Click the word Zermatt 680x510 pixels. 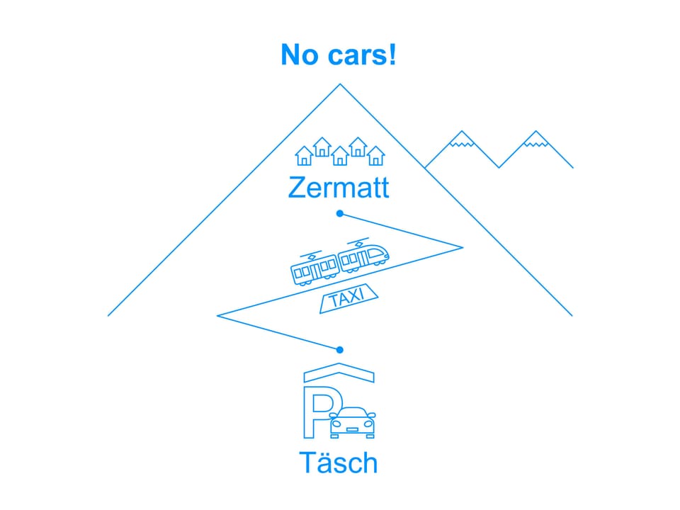tap(339, 187)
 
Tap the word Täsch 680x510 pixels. tap(339, 463)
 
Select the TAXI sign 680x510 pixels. tap(348, 298)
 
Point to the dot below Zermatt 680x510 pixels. tap(340, 213)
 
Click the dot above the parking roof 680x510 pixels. tap(340, 349)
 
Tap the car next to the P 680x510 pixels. tap(352, 423)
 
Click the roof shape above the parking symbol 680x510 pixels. tap(339, 373)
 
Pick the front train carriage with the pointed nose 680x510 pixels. tap(363, 256)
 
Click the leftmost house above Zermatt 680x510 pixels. tap(304, 156)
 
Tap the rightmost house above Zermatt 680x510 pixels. tap(375, 156)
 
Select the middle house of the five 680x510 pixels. tap(340, 156)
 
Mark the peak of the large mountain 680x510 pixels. tap(340, 84)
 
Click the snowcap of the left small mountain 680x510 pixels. tap(462, 140)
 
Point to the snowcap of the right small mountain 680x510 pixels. tap(536, 140)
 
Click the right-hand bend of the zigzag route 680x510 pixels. tap(463, 248)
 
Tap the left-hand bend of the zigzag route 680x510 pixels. tap(217, 316)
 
